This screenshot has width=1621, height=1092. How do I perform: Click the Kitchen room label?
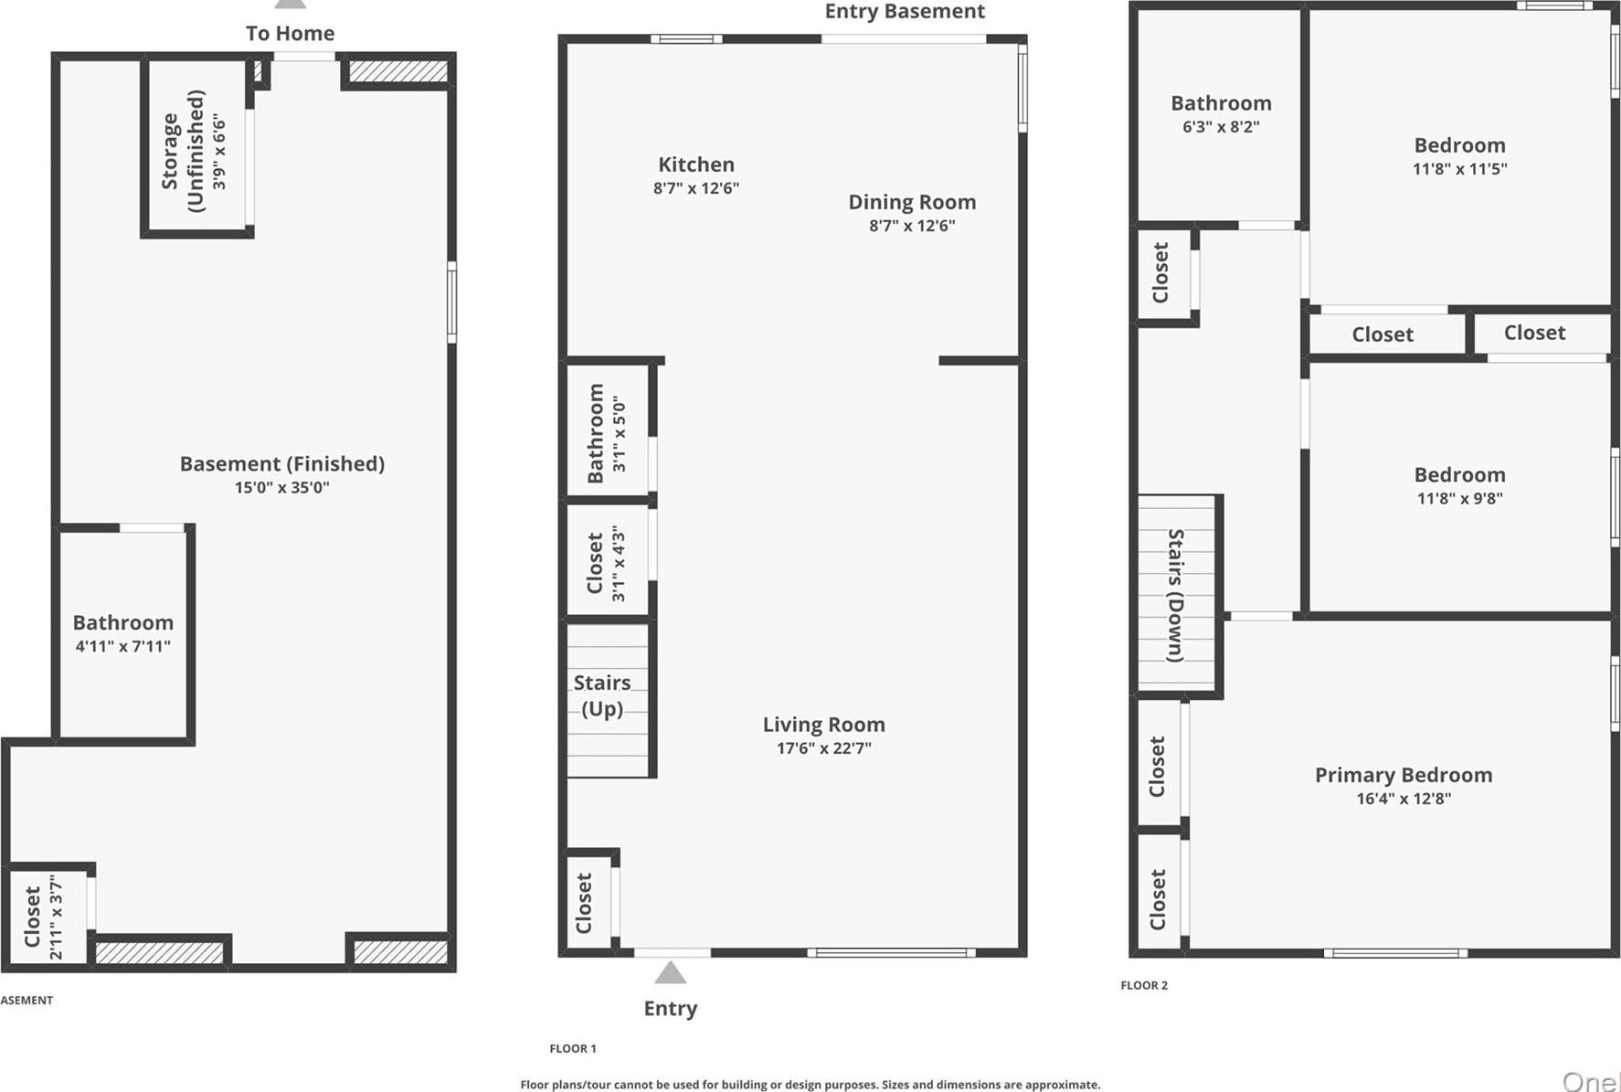coord(696,164)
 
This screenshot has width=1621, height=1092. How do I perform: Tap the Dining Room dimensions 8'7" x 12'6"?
coord(912,226)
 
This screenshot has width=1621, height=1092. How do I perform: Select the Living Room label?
coord(823,725)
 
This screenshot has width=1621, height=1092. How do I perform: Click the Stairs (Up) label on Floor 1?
coord(602,695)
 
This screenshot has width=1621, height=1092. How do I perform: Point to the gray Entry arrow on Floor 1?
coord(671,972)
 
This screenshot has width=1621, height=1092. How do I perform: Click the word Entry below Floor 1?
coord(671,1009)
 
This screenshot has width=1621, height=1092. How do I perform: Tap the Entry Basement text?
coord(905,12)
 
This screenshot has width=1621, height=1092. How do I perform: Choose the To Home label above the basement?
coord(290,34)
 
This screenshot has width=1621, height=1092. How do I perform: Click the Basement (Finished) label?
coord(281,464)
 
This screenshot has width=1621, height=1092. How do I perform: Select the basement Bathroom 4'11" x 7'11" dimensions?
coord(123,647)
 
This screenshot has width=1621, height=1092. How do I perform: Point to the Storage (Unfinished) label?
coord(183,151)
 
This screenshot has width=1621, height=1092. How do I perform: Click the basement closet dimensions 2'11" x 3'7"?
coord(57,917)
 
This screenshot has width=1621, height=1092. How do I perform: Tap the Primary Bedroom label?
coord(1404,775)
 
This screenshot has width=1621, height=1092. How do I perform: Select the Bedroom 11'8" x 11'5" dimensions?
coord(1459,169)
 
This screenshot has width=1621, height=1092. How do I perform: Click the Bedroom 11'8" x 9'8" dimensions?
coord(1459,499)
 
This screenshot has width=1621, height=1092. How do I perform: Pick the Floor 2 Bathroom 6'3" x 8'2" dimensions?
coord(1221,127)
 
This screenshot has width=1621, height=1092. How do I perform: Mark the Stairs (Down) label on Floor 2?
coord(1176,595)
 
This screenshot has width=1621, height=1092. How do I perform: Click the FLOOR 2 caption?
coord(1144,985)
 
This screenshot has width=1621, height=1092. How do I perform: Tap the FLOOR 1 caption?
coord(573,1048)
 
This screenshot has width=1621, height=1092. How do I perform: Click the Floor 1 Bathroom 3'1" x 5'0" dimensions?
coord(620,433)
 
